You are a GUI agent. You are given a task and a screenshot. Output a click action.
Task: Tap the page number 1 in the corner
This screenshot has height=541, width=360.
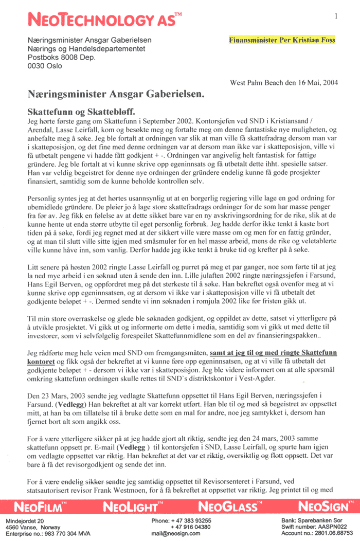[336, 16]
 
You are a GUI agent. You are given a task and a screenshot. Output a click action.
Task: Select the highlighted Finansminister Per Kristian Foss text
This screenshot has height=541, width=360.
[282, 40]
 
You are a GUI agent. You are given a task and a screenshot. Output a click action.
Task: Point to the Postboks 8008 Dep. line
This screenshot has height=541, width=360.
[62, 57]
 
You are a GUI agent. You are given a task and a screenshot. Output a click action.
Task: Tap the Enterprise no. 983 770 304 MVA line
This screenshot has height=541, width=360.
[48, 534]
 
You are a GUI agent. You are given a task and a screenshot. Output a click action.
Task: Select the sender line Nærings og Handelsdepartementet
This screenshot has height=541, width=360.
[86, 48]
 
